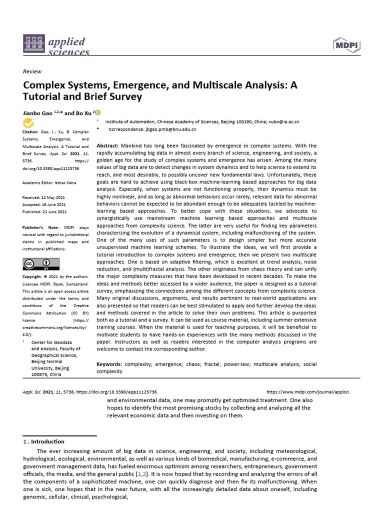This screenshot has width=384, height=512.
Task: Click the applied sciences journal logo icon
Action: point(34,45)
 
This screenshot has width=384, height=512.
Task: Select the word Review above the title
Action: point(32,71)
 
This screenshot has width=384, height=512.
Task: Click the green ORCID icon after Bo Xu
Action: point(97,112)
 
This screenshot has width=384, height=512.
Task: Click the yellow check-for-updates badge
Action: point(29,123)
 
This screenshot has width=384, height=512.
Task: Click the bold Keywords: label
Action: point(109,364)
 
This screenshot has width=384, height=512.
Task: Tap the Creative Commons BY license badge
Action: point(41,263)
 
